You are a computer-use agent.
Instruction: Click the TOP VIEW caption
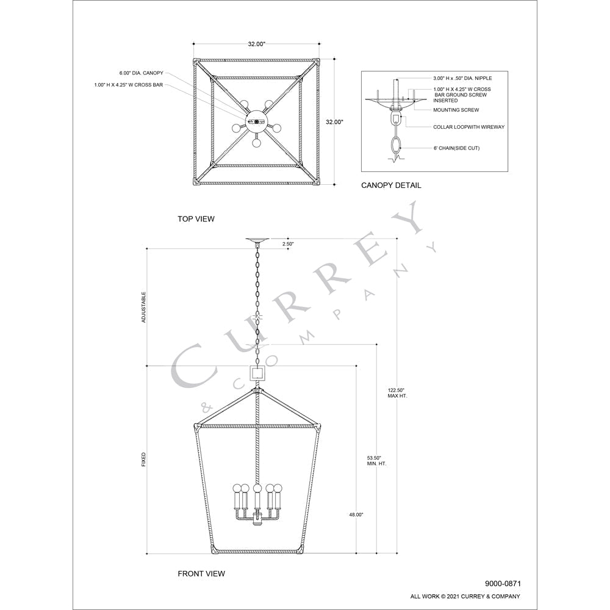tap(196, 219)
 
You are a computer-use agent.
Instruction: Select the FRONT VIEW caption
tap(201, 573)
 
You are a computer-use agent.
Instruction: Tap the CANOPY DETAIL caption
tap(391, 185)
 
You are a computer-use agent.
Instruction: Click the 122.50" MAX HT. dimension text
tap(397, 393)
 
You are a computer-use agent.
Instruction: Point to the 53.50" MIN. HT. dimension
tap(376, 461)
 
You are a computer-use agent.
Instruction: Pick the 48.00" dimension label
tap(356, 515)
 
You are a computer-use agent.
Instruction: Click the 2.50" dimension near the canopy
tap(288, 244)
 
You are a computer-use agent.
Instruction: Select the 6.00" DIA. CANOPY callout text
tap(142, 73)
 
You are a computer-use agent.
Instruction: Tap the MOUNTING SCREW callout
tap(456, 110)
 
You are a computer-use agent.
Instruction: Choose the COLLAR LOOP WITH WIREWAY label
tap(468, 127)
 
